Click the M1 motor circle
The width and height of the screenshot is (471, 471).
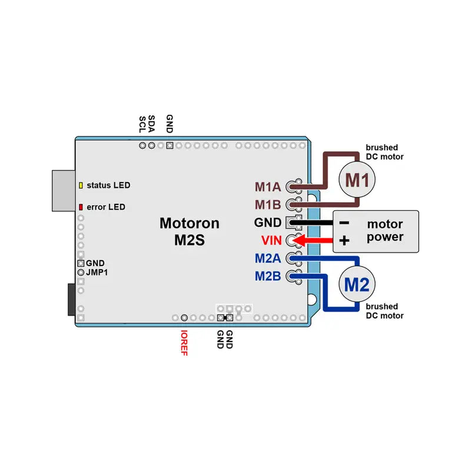pos(357,180)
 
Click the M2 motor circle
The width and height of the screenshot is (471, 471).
pos(357,286)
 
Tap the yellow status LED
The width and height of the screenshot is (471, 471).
pos(81,185)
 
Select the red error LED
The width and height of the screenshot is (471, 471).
pos(81,207)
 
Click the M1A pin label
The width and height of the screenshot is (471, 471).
pos(268,187)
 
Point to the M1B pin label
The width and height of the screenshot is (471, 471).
pos(268,205)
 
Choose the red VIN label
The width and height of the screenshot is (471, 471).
pos(272,240)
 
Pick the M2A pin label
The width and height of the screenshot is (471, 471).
pos(268,258)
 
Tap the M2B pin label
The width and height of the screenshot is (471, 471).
pos(268,276)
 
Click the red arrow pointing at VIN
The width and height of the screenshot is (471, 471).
pos(315,240)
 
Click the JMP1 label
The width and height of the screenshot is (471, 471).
pos(97,273)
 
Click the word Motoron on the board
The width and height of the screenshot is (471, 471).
pos(190,224)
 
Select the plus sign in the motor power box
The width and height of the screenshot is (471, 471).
pos(345,241)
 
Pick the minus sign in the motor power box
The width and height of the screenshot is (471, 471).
pos(345,223)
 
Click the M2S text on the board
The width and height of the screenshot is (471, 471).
pos(190,241)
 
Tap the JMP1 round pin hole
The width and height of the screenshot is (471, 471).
pos(81,273)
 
